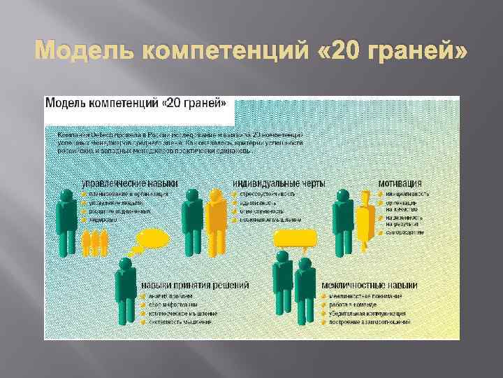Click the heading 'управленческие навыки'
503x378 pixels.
[130, 183]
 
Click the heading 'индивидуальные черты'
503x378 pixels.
[279, 183]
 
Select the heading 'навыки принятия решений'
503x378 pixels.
[195, 286]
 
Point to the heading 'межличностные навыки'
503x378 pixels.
[370, 286]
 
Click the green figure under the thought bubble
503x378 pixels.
[126, 290]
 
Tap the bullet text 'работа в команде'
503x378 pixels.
[354, 304]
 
